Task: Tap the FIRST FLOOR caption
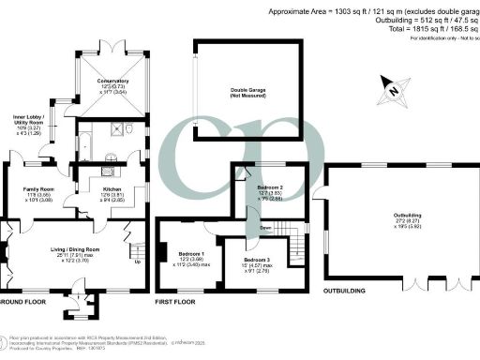pos(176,303)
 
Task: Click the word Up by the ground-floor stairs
pos(140,262)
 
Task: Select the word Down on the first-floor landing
pos(265,228)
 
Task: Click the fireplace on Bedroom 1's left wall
pos(162,252)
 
